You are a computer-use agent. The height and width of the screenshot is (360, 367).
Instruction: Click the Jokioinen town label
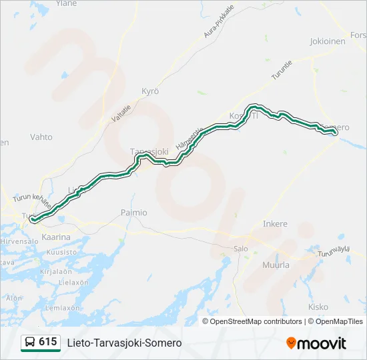coord(328,41)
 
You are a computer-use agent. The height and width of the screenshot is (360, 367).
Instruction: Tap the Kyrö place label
coord(150,91)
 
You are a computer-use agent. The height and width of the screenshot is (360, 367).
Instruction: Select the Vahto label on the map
coord(41,137)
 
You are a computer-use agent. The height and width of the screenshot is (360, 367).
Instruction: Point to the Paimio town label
coord(133,212)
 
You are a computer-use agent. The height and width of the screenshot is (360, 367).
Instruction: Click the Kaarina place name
coord(56,237)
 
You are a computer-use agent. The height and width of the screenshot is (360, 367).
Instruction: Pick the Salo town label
coord(240,249)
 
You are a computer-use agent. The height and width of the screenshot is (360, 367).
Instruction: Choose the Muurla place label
coord(277,265)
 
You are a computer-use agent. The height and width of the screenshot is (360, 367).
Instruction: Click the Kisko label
coord(318,307)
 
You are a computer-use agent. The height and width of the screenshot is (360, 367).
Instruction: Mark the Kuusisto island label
coord(63,253)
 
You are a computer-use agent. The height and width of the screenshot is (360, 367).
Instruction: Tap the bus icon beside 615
coord(30,342)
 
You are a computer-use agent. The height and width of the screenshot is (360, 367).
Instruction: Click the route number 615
coord(47,342)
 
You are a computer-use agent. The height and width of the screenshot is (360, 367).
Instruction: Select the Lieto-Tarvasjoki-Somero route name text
coord(124,343)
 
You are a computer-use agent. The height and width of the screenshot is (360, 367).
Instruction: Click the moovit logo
coord(316,343)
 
